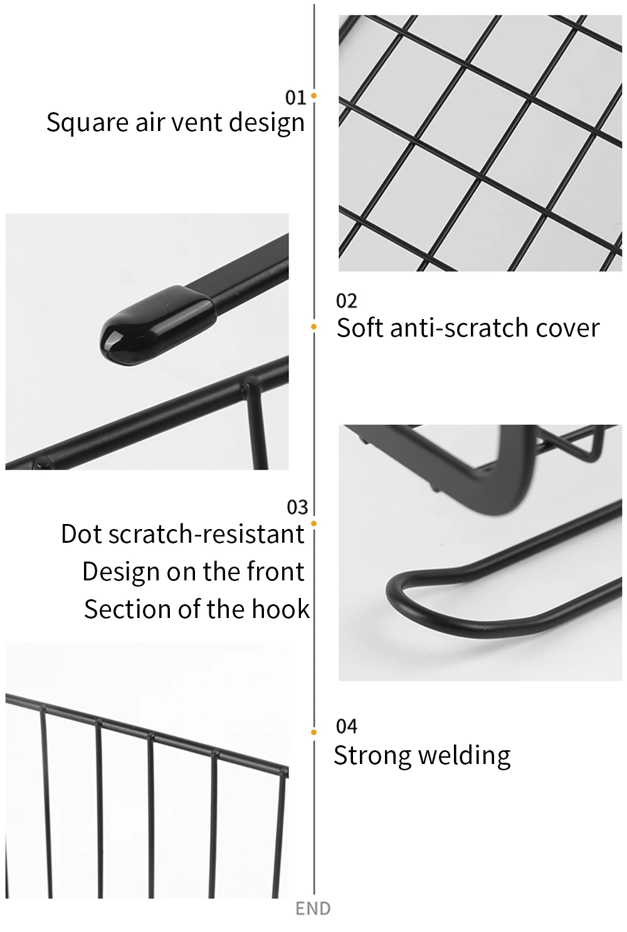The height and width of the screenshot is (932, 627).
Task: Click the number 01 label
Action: pyautogui.click(x=295, y=97)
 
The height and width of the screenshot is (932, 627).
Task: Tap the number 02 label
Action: pyautogui.click(x=346, y=301)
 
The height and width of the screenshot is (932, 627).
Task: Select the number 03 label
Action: pyautogui.click(x=297, y=507)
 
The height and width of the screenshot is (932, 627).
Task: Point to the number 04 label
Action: pyautogui.click(x=346, y=726)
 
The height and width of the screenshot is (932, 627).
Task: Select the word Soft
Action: pyautogui.click(x=359, y=328)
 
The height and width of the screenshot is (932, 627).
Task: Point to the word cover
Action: pyautogui.click(x=567, y=328)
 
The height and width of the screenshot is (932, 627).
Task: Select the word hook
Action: pyautogui.click(x=280, y=609)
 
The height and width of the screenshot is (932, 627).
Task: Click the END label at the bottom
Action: pyautogui.click(x=313, y=909)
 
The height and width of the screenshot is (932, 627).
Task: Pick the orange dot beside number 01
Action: pyautogui.click(x=313, y=96)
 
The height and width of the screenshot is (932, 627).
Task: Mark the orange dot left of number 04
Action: pyautogui.click(x=313, y=732)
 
